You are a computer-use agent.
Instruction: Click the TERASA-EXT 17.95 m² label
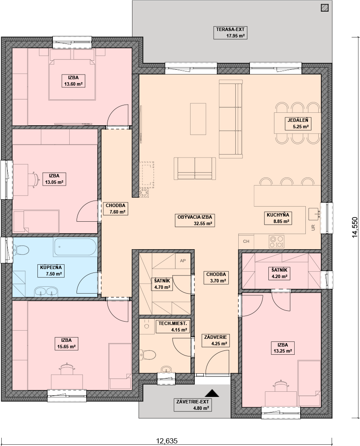pos(230,32)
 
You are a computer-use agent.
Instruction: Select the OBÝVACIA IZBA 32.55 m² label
pos(195,220)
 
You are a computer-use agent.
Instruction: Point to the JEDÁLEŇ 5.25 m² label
pos(298,124)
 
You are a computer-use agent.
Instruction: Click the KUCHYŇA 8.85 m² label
pos(278,218)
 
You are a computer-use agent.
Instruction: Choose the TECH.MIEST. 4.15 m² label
pos(172,326)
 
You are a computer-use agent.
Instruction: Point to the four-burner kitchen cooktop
pos(277,242)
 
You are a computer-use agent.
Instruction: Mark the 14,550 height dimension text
pos(355,227)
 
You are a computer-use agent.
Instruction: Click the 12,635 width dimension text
pos(167,441)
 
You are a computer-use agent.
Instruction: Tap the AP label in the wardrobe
pos(183,260)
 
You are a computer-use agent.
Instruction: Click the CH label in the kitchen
pos(246,241)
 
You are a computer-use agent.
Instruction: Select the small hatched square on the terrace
pos(324,8)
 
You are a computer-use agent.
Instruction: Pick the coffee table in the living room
pos(198,119)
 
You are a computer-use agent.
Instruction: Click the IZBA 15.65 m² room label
pos(66,343)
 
